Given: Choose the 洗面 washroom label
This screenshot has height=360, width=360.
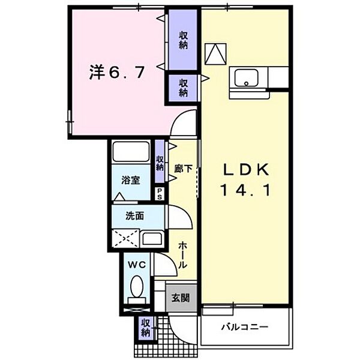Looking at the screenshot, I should click(x=134, y=217).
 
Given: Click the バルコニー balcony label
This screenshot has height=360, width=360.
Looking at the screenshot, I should click(x=244, y=327).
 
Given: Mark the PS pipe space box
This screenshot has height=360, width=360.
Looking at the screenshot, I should click(x=160, y=193).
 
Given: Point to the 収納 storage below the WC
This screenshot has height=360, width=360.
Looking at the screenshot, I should click(x=145, y=328).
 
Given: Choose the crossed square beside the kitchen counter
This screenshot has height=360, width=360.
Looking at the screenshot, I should click(x=215, y=55).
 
